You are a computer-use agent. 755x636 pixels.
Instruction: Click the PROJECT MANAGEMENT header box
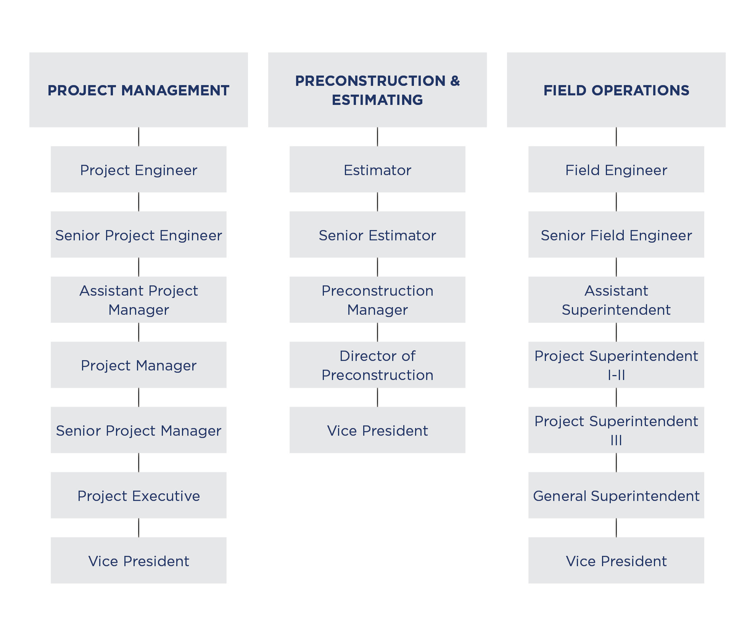[138, 90]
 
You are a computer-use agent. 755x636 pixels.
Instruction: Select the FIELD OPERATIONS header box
[616, 90]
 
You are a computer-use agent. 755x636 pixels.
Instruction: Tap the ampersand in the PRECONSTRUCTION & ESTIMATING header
[455, 81]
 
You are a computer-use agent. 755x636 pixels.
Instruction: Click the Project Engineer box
[138, 169]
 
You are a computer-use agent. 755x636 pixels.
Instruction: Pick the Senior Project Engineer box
[138, 235]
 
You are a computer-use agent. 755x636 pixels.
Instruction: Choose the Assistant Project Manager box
[138, 300]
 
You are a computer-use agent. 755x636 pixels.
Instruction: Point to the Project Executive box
[138, 495]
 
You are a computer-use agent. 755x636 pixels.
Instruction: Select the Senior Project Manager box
[138, 430]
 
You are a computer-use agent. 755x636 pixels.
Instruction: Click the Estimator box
[377, 169]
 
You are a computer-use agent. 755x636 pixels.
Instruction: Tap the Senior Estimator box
[377, 235]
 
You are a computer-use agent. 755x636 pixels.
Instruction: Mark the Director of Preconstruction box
[377, 365]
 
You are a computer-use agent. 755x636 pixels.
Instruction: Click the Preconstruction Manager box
[377, 300]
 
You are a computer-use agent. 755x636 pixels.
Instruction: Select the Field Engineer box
[616, 169]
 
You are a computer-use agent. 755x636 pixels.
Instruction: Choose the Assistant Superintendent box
[616, 300]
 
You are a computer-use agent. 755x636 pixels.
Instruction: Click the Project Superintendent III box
[616, 430]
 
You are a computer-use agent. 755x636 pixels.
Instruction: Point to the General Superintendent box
[616, 495]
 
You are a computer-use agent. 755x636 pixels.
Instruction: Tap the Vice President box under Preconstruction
[377, 430]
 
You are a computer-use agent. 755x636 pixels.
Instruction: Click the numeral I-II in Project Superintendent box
[616, 375]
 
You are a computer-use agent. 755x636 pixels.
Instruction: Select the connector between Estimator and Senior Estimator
[377, 202]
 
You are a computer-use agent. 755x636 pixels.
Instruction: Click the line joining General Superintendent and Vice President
[616, 528]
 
